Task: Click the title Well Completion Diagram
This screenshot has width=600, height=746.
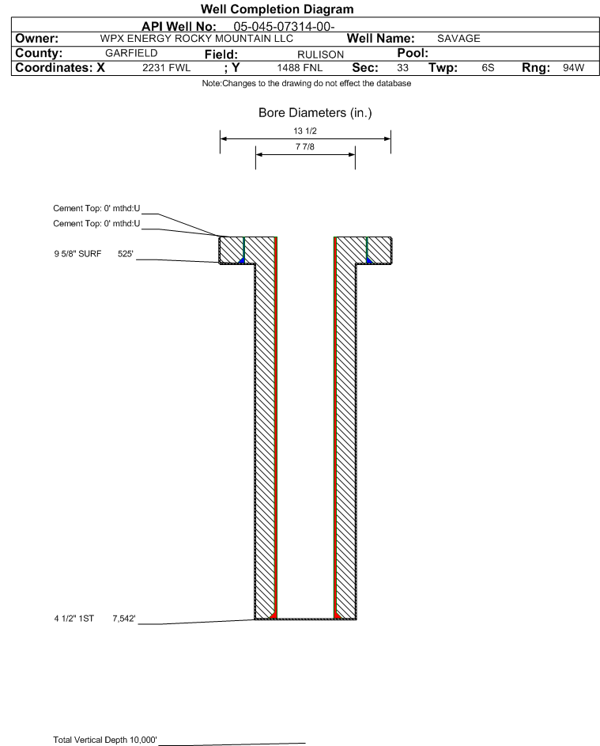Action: point(277,9)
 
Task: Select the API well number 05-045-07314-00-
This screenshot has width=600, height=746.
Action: point(284,27)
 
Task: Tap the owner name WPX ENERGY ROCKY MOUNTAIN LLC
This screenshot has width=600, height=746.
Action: point(196,39)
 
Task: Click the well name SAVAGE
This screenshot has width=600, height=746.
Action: point(458,39)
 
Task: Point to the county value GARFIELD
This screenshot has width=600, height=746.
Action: point(131,53)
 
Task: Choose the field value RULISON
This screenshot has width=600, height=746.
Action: point(320,55)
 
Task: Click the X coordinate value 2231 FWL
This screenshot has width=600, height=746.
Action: point(166,67)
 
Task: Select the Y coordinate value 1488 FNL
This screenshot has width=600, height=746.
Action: point(300,67)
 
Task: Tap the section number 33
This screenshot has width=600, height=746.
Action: point(402,67)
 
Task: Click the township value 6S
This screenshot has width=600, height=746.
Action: point(488,67)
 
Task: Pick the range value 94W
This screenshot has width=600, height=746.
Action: point(573,67)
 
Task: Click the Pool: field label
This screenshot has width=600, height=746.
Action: point(413,53)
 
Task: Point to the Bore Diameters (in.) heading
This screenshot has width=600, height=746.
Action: point(315,113)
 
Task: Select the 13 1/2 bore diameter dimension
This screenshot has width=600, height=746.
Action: point(305,131)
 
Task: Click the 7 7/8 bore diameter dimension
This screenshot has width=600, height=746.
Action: point(305,146)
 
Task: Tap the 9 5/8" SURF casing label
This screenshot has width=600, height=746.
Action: point(77,254)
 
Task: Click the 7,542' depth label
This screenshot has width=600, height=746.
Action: point(124,619)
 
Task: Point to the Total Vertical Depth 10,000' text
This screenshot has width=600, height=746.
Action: point(105,740)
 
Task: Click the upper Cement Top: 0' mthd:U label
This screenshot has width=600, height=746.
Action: point(96,208)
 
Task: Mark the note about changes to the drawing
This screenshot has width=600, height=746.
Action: point(307,83)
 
